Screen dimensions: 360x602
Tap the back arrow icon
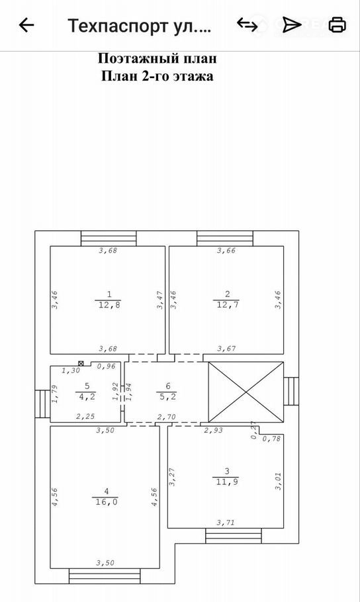click(26, 25)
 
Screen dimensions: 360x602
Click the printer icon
click(337, 24)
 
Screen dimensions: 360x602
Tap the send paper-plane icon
click(292, 24)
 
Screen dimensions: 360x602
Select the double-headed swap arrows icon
click(247, 24)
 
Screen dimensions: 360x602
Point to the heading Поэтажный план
click(157, 58)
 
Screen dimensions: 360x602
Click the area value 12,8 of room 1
click(109, 305)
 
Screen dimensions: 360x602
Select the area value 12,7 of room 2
click(227, 305)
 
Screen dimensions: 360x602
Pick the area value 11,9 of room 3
click(227, 482)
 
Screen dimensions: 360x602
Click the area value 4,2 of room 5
click(87, 397)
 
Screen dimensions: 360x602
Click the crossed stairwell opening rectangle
click(246, 392)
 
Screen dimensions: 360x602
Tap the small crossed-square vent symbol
click(81, 363)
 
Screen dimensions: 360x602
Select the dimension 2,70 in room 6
click(167, 417)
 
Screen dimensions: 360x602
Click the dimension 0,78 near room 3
click(271, 439)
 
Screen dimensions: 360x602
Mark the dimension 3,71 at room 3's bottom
click(225, 523)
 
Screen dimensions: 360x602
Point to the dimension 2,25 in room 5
click(85, 416)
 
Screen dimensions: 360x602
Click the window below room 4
click(105, 576)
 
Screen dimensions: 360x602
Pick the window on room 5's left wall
click(42, 404)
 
